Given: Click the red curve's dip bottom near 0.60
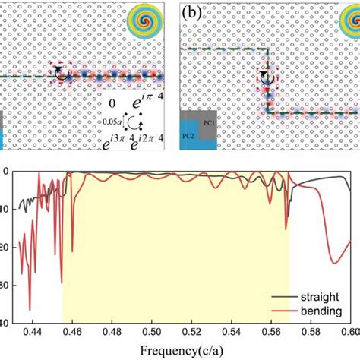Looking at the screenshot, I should click(x=335, y=263).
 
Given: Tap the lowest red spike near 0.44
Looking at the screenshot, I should click(x=30, y=309).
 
